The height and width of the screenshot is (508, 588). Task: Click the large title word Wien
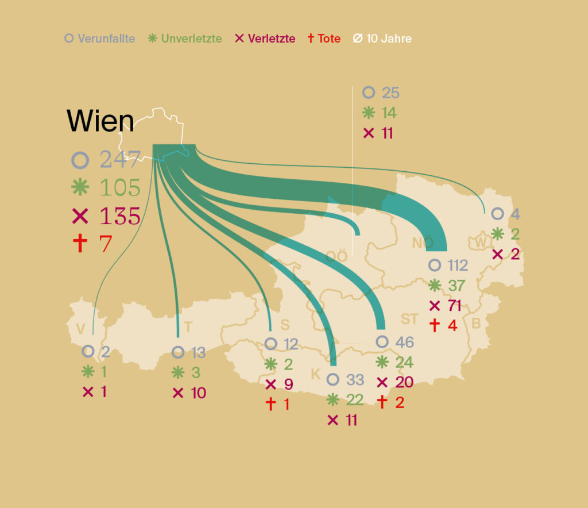pos(100,121)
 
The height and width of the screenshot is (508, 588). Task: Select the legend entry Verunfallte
pos(106,39)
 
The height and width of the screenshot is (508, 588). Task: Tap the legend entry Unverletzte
pos(191,39)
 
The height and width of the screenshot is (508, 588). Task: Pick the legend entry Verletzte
pos(272,39)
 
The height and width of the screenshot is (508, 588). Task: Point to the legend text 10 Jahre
pos(389,39)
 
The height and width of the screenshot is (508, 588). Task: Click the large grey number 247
pos(120,159)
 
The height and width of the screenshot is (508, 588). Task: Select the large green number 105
pos(120,187)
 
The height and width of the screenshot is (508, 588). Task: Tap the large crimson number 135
pos(120,215)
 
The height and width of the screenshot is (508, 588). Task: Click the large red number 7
pos(106,244)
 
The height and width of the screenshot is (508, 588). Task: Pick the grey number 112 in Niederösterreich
pos(458,265)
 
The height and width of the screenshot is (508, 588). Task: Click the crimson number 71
pos(455,306)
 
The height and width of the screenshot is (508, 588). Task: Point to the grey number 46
pos(404,342)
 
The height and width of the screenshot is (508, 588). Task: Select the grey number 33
pos(355,380)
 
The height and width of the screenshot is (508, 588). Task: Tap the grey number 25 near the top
pos(390,93)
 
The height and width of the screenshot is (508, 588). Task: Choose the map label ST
pos(409,320)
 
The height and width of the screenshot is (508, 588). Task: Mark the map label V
pos(80,329)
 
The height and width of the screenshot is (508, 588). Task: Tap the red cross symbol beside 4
pos(435,325)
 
